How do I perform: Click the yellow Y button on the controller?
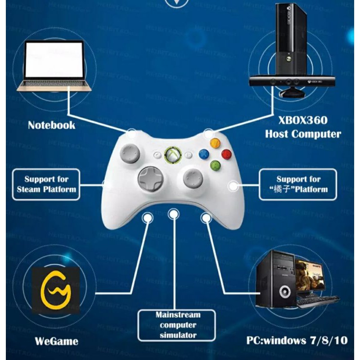pos(215,143)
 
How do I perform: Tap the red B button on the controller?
pos(226,154)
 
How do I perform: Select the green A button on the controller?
pos(215,165)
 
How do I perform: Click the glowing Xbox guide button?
pos(172,155)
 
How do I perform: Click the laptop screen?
pos(54,59)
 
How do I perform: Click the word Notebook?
pos(51,125)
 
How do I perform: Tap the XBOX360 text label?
pos(303,120)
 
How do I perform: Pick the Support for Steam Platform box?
pos(46,184)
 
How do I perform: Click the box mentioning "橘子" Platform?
pos(298,184)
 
